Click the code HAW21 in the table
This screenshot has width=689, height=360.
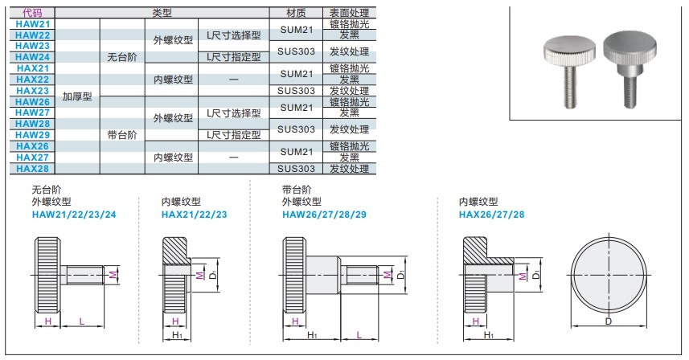click(32, 25)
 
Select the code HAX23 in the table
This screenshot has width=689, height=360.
click(32, 91)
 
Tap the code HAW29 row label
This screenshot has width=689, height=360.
click(32, 135)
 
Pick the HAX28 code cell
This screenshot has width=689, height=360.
click(32, 169)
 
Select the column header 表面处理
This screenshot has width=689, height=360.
click(349, 14)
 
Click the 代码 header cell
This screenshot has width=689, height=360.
click(32, 14)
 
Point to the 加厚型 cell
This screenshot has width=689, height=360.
click(78, 96)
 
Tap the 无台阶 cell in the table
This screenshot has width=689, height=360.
click(122, 58)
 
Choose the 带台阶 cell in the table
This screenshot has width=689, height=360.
click(122, 135)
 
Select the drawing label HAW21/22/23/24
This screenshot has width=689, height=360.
click(73, 215)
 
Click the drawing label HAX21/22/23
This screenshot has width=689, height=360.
click(195, 215)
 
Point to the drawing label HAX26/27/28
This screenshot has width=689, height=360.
click(491, 215)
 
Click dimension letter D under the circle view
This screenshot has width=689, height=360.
click(608, 321)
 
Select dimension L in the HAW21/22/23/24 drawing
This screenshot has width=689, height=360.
click(82, 321)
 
